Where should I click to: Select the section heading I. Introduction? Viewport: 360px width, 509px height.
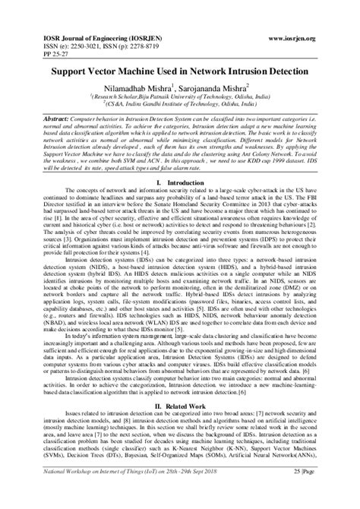tap(179, 207)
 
